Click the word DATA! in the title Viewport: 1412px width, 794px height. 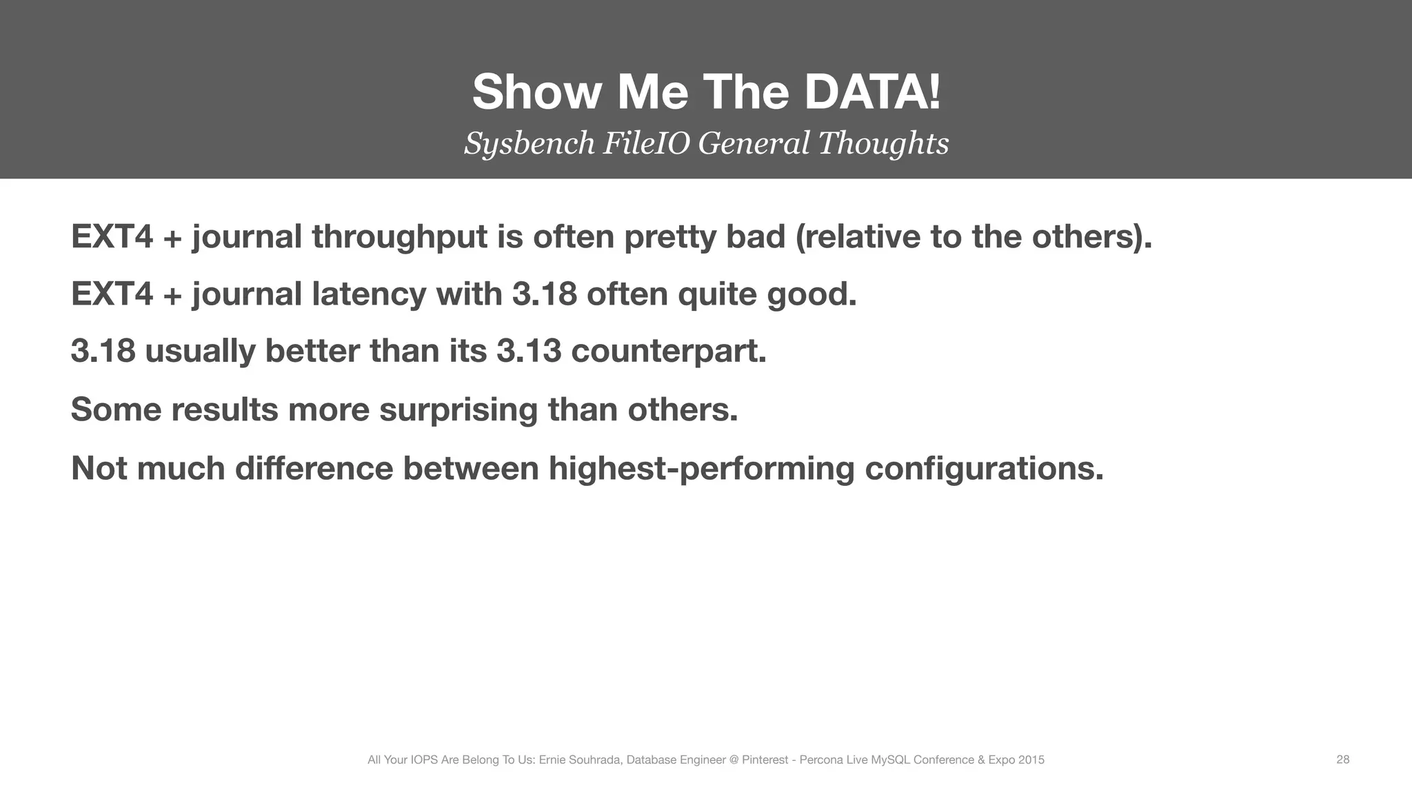tap(871, 92)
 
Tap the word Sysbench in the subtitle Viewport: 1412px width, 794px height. tap(529, 143)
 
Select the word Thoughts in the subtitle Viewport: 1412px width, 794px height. tap(883, 143)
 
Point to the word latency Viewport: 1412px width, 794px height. tap(369, 294)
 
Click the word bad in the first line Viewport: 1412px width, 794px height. tap(755, 237)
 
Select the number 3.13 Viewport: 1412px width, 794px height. tap(528, 351)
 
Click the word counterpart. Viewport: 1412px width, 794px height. tap(669, 351)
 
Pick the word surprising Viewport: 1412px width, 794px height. tap(458, 409)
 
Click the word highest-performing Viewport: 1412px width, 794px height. tap(701, 469)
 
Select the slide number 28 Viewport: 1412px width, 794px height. tap(1342, 760)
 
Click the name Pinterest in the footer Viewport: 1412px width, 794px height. tap(765, 760)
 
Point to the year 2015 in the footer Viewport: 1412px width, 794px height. tap(1032, 760)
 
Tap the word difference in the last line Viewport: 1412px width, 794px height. tap(314, 469)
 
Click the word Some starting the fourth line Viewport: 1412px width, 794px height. tap(116, 409)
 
